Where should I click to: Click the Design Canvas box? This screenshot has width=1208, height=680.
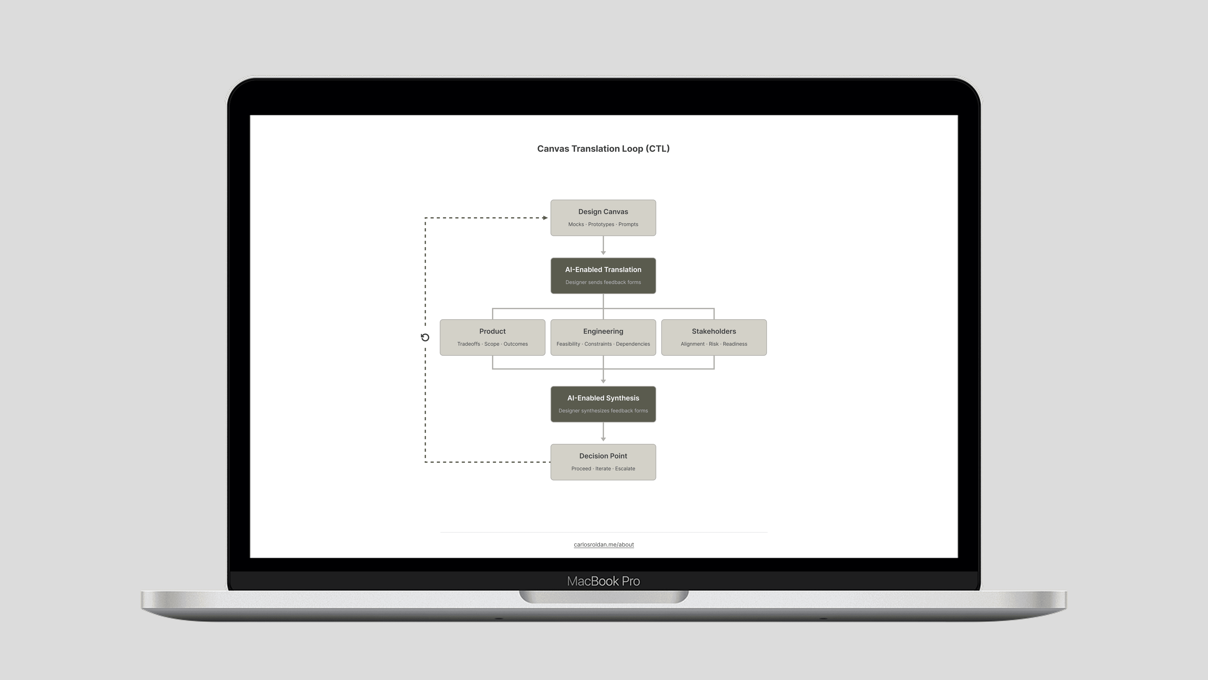603,218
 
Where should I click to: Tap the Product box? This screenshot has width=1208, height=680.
492,337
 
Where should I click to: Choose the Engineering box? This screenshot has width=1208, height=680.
603,337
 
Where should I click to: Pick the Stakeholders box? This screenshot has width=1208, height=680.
714,337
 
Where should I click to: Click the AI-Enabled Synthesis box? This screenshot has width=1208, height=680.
603,404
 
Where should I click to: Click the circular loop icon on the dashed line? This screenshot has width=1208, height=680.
425,337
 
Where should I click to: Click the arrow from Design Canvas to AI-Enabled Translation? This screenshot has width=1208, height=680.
603,246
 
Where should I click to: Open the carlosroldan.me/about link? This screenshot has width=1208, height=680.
604,544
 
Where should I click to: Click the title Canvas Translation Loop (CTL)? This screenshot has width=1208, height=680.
603,149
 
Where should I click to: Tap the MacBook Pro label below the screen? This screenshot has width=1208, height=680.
603,581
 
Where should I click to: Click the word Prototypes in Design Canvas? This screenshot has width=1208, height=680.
601,224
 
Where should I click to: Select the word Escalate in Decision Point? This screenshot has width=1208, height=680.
625,468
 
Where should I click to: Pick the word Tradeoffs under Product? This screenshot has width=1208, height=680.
469,344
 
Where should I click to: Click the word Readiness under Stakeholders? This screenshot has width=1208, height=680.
735,344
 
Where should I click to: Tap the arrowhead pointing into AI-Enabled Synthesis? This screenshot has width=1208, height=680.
603,381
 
